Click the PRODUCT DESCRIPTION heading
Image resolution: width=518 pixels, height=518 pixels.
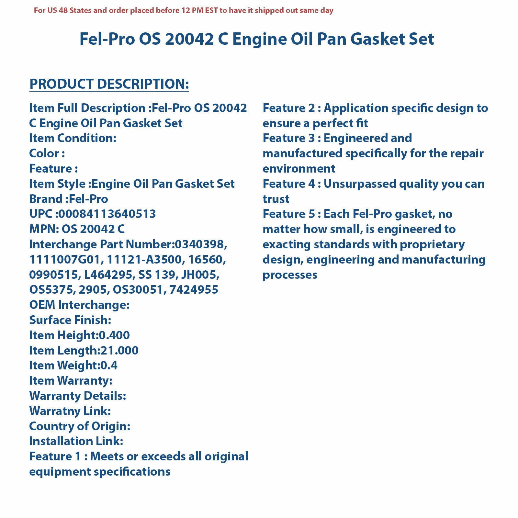[109, 84]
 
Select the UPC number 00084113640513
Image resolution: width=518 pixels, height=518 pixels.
[107, 214]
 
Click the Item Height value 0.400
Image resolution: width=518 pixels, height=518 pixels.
[114, 335]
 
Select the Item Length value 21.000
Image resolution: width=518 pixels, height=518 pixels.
[119, 351]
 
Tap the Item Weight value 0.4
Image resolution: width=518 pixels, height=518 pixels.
[109, 366]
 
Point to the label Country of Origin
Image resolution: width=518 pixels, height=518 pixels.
[79, 426]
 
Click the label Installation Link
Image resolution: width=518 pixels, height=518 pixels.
[76, 441]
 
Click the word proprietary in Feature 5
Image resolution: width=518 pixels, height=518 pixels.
[432, 244]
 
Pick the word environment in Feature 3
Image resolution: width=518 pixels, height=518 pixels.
[299, 169]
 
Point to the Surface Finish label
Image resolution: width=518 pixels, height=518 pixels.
[70, 320]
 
